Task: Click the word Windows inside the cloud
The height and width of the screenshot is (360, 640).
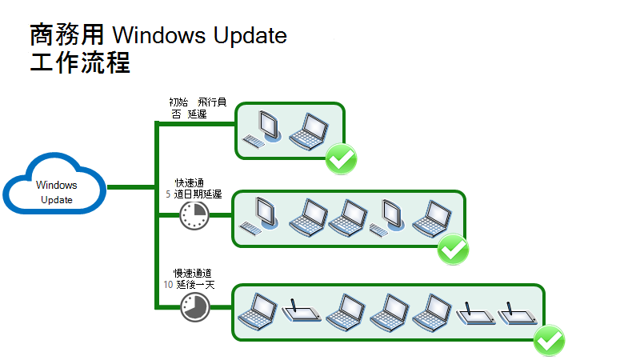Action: tap(56, 185)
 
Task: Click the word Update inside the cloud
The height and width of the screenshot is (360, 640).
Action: tap(56, 200)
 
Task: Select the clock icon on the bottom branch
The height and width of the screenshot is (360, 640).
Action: tap(193, 307)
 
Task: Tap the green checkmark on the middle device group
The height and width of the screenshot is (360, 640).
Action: tap(454, 250)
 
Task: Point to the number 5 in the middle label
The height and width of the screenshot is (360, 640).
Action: tap(167, 195)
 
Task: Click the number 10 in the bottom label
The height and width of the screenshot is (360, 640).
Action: tap(168, 283)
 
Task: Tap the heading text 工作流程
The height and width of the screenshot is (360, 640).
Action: tap(80, 63)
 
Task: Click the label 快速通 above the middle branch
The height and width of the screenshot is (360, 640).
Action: tap(189, 183)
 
